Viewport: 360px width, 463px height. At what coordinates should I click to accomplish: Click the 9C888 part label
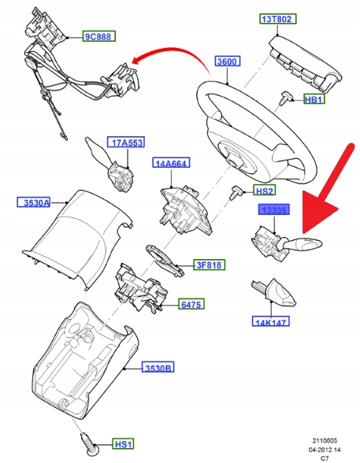click(x=98, y=36)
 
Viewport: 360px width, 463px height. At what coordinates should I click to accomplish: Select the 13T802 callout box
click(x=277, y=19)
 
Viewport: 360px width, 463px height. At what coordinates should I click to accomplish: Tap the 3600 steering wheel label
click(x=228, y=61)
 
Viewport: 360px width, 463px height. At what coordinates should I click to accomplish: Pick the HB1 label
click(x=314, y=99)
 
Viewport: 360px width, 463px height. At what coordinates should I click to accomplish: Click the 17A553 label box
click(x=126, y=143)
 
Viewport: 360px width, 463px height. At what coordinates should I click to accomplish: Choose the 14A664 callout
click(x=171, y=162)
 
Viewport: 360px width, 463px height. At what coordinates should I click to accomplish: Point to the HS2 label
click(x=265, y=191)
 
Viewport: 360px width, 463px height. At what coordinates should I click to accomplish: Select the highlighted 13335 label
click(x=274, y=209)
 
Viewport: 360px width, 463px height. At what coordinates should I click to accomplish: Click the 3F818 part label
click(x=209, y=265)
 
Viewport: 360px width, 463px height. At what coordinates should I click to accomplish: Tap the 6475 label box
click(x=191, y=304)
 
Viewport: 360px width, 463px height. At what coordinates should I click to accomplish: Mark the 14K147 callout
click(x=271, y=321)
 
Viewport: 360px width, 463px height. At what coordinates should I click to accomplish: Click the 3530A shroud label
click(x=33, y=202)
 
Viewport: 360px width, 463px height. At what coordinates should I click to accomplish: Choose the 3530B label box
click(x=158, y=368)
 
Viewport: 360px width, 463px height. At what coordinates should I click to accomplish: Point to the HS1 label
click(x=123, y=444)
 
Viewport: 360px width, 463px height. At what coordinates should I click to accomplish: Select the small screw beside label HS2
click(x=236, y=192)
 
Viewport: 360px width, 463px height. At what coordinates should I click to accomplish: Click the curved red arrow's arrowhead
click(x=137, y=61)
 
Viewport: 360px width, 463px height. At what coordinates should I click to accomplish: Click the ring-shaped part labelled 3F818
click(x=164, y=260)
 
